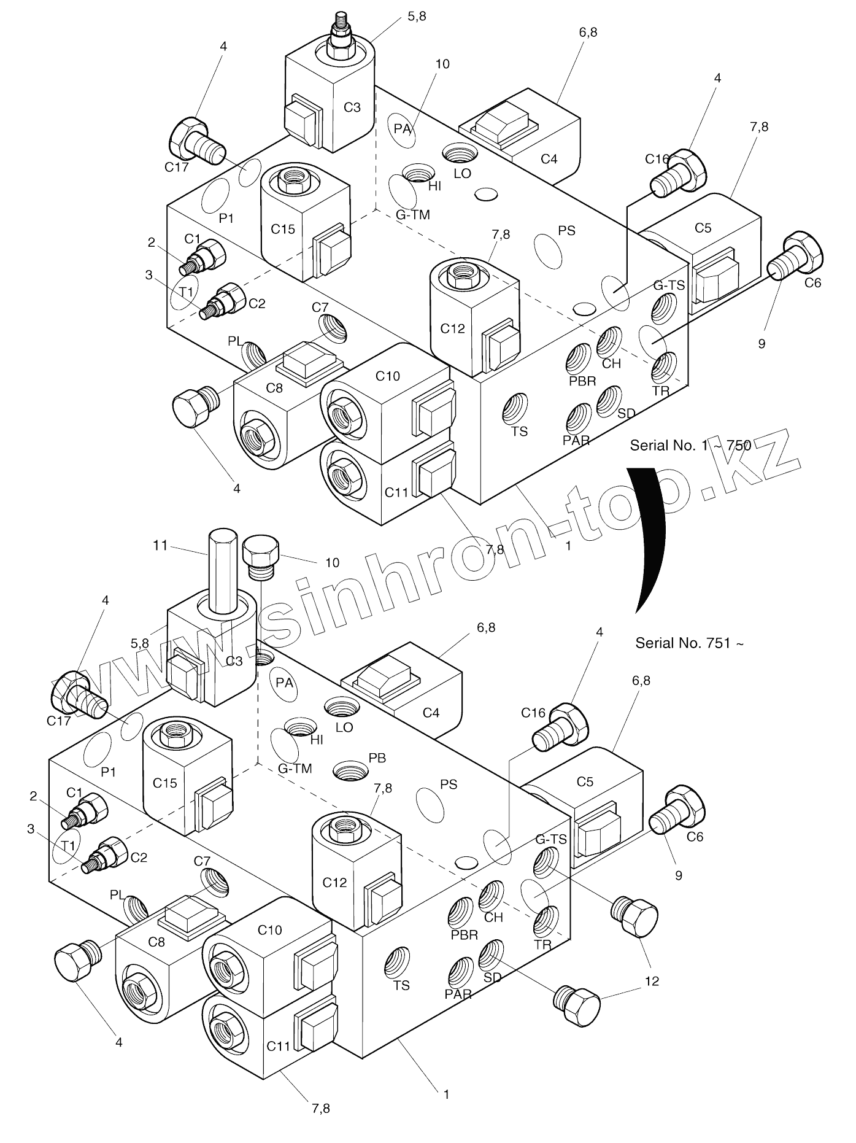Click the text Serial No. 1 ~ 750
(x=690, y=445)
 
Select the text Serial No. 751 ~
(x=690, y=643)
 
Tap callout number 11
(x=160, y=545)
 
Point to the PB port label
(x=377, y=758)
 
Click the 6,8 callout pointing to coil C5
(x=641, y=681)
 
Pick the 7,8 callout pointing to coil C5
(x=759, y=127)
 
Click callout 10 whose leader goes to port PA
(x=442, y=64)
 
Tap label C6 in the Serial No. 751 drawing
(x=695, y=837)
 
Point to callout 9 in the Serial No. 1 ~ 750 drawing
(x=762, y=344)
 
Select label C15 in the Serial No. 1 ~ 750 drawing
(x=283, y=229)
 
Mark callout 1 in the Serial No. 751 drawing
(x=447, y=1094)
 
